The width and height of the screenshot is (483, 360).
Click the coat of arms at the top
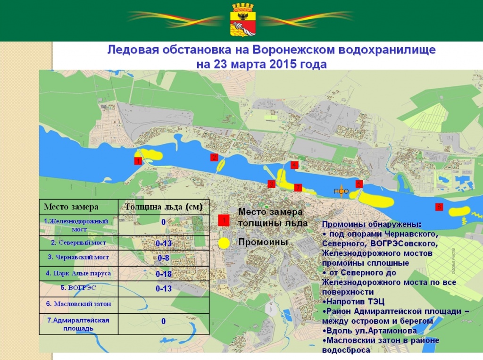click(x=241, y=19)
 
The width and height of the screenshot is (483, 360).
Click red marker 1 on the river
click(x=138, y=161)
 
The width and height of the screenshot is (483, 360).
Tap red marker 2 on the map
click(x=214, y=158)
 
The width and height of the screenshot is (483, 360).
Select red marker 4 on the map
click(x=294, y=165)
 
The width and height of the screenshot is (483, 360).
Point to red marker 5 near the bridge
click(x=359, y=184)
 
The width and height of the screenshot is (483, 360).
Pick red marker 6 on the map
click(x=439, y=207)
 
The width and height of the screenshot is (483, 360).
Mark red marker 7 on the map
click(x=298, y=187)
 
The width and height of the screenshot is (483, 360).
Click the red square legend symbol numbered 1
click(x=224, y=220)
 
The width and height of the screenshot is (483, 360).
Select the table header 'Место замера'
click(x=71, y=207)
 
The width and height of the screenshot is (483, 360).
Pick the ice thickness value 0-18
click(x=163, y=274)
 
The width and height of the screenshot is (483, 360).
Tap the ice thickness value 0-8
click(x=163, y=258)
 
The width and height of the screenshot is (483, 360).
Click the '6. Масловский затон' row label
click(x=78, y=304)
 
